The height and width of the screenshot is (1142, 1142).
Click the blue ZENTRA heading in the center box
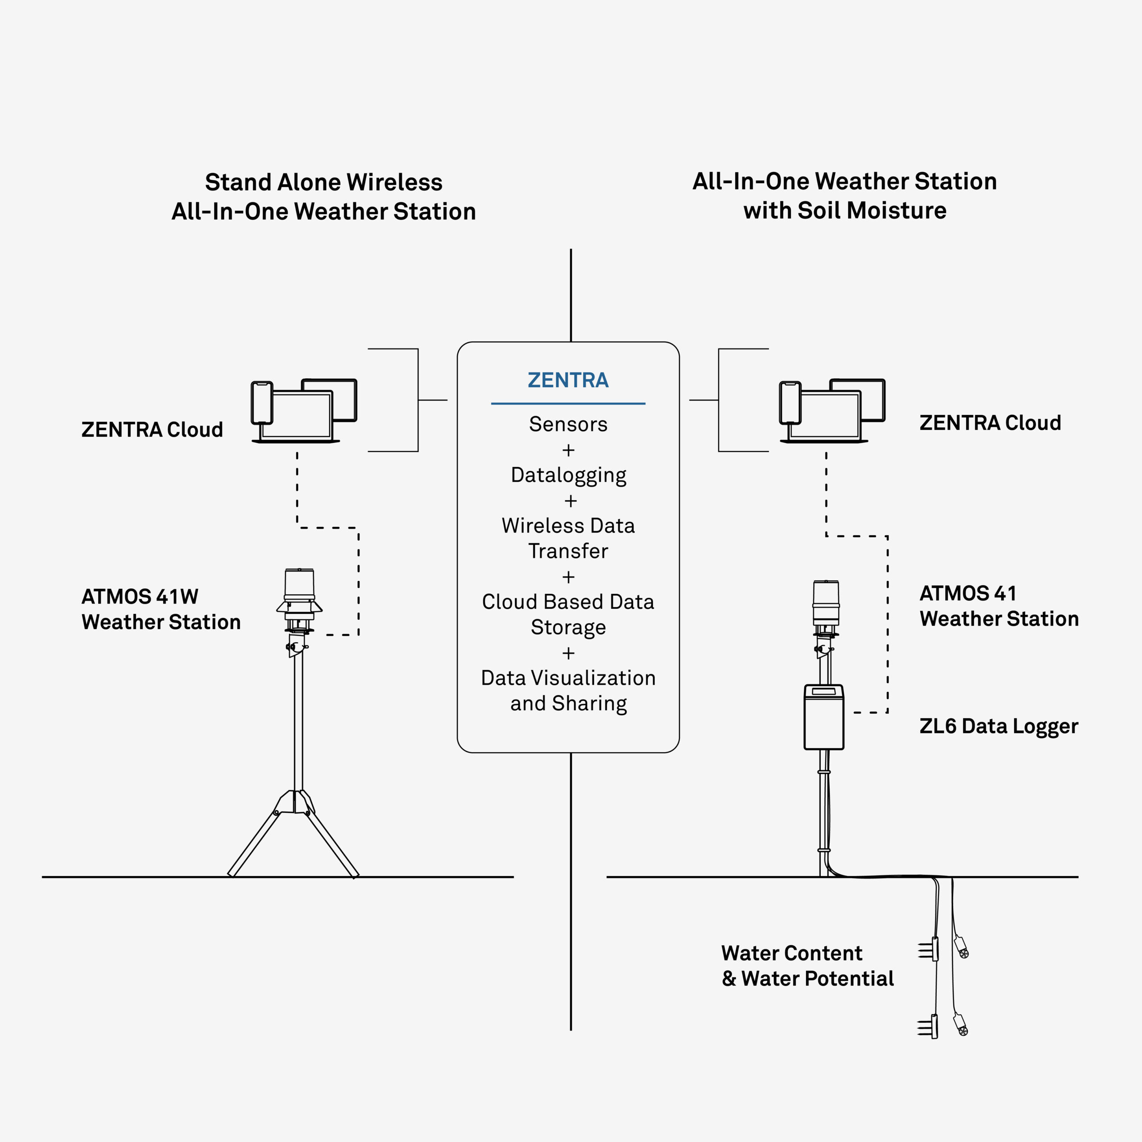point(568,380)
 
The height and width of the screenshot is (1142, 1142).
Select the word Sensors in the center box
point(568,424)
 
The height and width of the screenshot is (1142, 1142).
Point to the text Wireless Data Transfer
point(568,538)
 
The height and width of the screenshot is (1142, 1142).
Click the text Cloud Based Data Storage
point(568,615)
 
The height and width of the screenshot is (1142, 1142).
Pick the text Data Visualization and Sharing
point(568,691)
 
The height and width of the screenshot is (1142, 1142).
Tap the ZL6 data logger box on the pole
point(824,717)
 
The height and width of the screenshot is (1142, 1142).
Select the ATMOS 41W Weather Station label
point(161,609)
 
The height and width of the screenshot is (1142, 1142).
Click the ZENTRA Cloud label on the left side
point(152,430)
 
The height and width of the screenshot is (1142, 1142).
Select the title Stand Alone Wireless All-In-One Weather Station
point(324,197)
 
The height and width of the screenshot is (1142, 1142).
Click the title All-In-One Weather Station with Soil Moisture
point(844,196)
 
